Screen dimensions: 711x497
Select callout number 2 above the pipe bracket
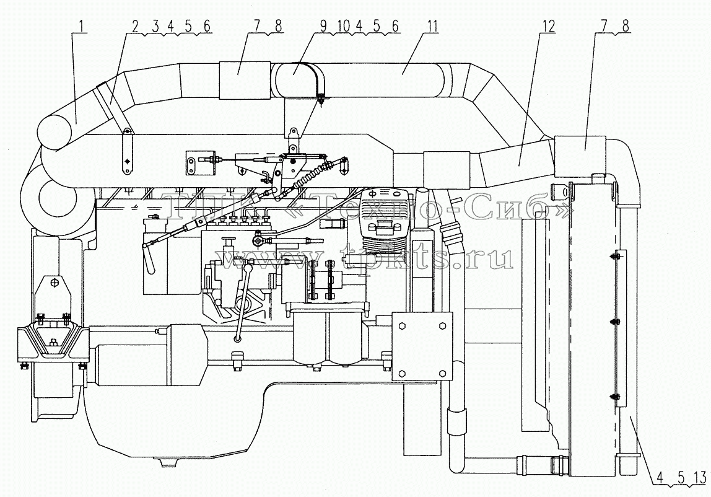pos(135,26)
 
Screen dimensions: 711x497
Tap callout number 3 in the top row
pos(155,26)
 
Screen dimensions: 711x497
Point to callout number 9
pos(323,26)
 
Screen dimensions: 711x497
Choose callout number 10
pos(343,26)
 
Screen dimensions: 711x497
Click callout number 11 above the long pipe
pos(432,26)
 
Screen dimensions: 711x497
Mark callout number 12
pos(548,26)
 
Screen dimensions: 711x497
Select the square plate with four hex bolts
pos(422,346)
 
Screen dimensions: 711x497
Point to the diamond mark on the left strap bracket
pos(128,162)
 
